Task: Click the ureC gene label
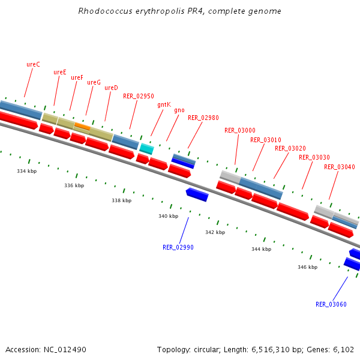33,64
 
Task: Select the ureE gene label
60,72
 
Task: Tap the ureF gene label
77,78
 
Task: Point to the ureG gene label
94,83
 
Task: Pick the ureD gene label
111,88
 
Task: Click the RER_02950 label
139,96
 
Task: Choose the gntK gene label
164,104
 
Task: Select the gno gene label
179,110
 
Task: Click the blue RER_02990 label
178,247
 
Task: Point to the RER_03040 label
340,167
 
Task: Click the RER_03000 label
240,130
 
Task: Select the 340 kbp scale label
168,216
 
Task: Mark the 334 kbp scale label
26,172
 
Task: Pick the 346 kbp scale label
307,267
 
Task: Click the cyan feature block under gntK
147,148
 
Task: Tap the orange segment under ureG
82,126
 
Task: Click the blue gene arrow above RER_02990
197,194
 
